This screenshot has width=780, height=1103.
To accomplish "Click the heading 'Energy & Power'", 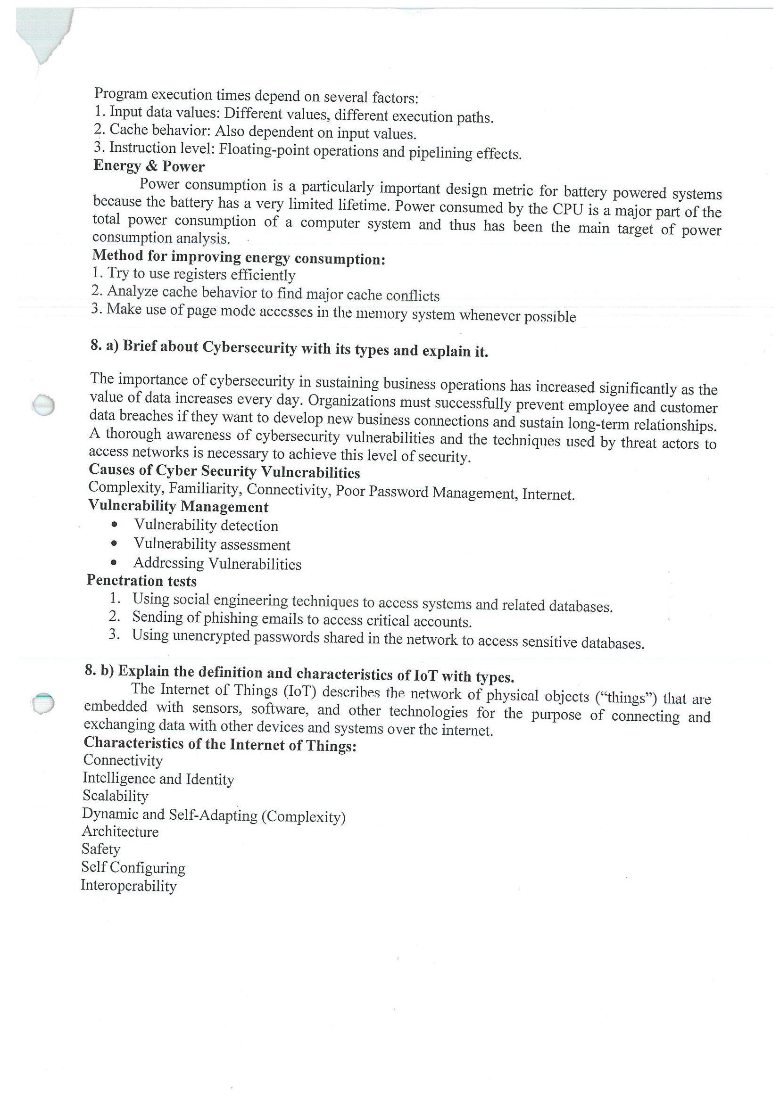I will click(149, 166).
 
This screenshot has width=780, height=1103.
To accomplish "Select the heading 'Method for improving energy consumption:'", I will click(238, 257).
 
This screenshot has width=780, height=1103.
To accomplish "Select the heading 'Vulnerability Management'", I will click(178, 506).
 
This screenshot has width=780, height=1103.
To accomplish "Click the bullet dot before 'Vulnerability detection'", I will click(114, 525).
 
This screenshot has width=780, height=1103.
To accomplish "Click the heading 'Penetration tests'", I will click(142, 581).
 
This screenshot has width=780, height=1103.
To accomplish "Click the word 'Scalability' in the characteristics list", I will click(116, 796).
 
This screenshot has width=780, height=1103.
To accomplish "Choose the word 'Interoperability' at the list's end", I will click(128, 885).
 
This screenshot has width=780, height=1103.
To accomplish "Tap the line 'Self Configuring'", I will click(133, 868).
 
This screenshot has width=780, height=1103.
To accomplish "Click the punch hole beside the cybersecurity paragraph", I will click(43, 405).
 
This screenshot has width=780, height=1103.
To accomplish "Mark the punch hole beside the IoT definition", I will click(42, 704).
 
